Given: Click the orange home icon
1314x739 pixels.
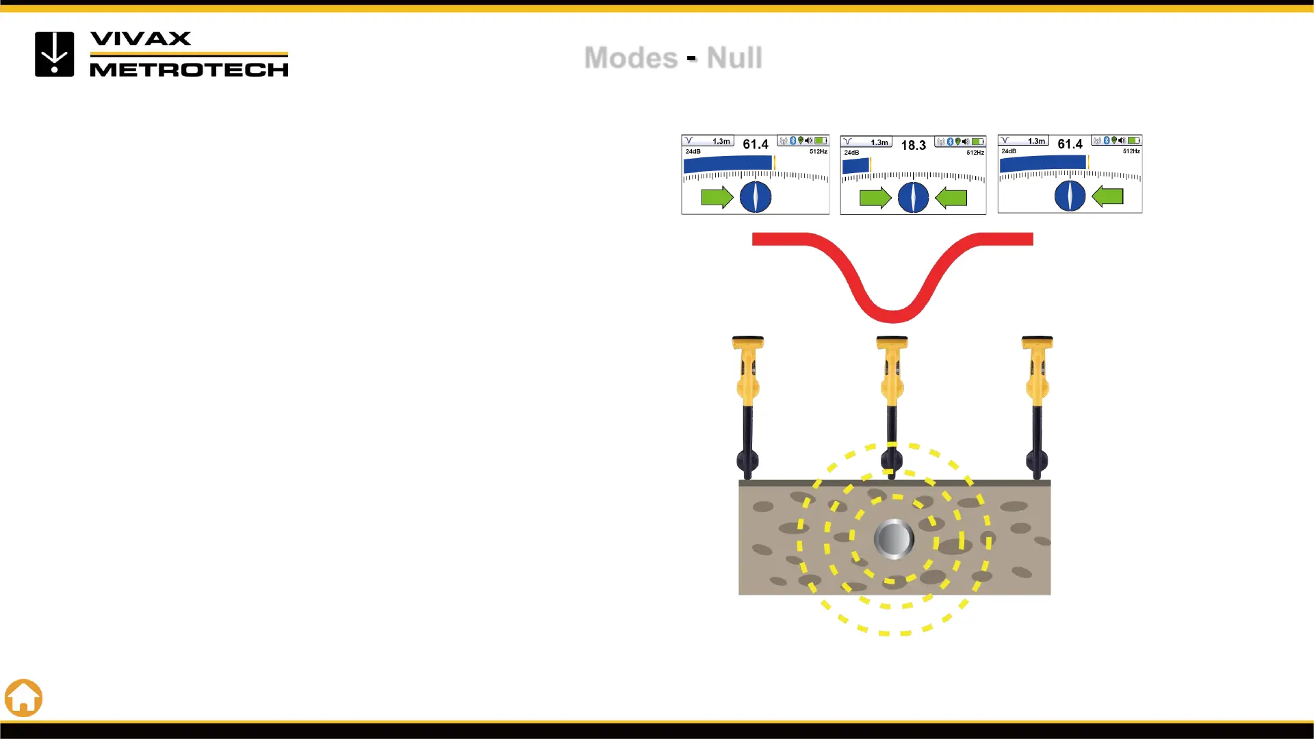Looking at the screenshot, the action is point(24,698).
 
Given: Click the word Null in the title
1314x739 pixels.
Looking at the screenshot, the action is point(734,57).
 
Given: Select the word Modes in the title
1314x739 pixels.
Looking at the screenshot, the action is point(630,57).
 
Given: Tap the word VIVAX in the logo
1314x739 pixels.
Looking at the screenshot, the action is point(141,39).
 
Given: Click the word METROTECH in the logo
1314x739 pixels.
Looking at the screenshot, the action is point(189,69).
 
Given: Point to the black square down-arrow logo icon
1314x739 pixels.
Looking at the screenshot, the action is point(55,54).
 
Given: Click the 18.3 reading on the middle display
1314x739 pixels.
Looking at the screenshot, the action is point(913,146).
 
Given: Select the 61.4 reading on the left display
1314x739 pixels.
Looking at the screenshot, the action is point(756,144).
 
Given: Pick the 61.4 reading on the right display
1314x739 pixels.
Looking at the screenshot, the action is point(1070,144).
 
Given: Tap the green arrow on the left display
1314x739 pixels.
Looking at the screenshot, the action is point(717,198).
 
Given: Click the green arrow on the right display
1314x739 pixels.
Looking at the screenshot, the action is point(1107,196).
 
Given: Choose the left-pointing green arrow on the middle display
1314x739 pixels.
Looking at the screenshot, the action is point(951,198).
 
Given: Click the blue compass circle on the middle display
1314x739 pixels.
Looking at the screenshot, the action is point(913,198).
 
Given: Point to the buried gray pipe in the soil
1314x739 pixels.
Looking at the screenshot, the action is point(894,539).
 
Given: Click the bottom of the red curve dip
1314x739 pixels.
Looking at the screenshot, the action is point(892,316).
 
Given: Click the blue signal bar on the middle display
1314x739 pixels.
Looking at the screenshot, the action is point(855,166).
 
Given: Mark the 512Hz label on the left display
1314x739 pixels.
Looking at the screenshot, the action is point(819,151).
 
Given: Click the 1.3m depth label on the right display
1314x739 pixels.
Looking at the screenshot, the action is point(1036,141).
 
